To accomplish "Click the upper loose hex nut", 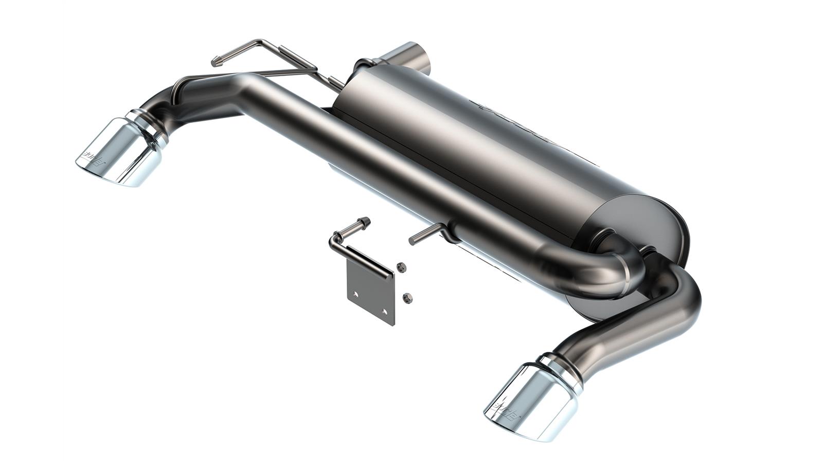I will pos(402,266).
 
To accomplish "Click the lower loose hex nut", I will pos(407,297).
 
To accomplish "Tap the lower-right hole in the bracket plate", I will pos(385,311).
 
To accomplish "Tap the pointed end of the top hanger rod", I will pos(215,63).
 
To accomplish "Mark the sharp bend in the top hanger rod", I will pos(262,42).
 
